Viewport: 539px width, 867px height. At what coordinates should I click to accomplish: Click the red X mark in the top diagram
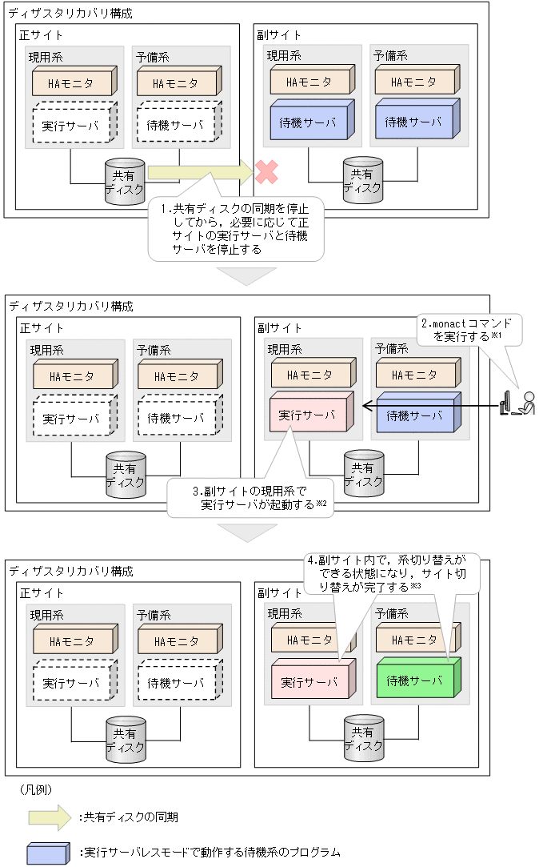[x=266, y=171]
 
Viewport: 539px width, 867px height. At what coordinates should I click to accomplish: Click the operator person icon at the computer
[x=526, y=403]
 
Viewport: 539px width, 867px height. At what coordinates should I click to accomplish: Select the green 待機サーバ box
[x=414, y=680]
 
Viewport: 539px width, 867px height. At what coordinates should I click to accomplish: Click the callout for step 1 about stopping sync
[x=236, y=228]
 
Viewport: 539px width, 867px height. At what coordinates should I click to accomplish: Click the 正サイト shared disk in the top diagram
[x=124, y=181]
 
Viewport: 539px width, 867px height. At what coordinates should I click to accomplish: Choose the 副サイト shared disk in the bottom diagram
[x=363, y=738]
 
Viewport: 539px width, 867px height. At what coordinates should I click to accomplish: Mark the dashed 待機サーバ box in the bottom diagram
[x=175, y=683]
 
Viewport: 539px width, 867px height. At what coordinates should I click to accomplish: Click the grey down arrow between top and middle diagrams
[x=247, y=275]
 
